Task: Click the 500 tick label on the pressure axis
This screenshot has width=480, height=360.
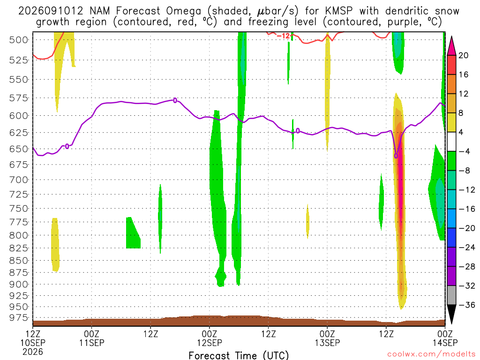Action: [x=19, y=40]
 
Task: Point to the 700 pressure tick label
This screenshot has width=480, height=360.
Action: [x=19, y=180]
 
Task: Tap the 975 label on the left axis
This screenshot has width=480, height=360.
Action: [x=19, y=318]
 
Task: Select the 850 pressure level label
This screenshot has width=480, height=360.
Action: [x=19, y=261]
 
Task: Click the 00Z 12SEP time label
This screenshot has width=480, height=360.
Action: [x=210, y=338]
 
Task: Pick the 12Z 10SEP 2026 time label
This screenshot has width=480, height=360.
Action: [x=33, y=343]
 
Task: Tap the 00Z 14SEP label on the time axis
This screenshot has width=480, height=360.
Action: [x=445, y=338]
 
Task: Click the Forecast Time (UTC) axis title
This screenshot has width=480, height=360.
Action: [x=239, y=355]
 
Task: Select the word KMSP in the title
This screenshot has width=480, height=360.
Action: [x=339, y=11]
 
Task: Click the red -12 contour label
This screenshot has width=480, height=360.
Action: [x=283, y=36]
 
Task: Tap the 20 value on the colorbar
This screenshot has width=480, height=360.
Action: [x=463, y=55]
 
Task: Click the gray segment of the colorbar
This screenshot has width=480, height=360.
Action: [x=451, y=295]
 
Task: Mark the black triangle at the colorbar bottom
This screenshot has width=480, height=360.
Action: [x=451, y=314]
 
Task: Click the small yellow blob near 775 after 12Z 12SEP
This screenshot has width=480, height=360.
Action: [x=307, y=221]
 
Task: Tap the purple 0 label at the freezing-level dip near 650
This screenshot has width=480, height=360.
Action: [x=396, y=156]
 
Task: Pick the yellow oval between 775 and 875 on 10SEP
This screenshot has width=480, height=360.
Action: [x=55, y=245]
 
